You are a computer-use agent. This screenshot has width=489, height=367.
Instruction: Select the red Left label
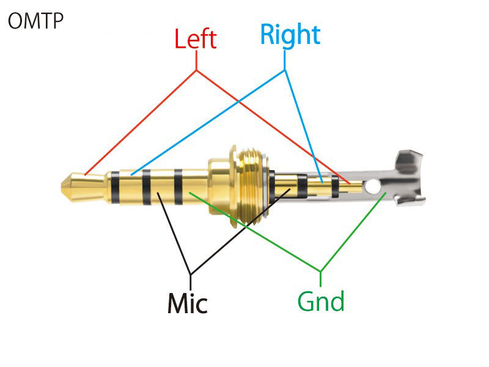point(195,39)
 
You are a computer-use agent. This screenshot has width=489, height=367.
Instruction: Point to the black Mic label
point(188,302)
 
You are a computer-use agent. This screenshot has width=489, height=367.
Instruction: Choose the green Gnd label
point(321,301)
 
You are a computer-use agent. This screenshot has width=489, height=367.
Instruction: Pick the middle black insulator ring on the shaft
point(146,187)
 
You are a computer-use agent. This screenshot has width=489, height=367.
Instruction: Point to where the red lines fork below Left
point(197,70)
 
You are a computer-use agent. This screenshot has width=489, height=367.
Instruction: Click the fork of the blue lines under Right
point(284,70)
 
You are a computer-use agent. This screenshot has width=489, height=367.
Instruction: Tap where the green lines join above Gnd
point(320,270)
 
